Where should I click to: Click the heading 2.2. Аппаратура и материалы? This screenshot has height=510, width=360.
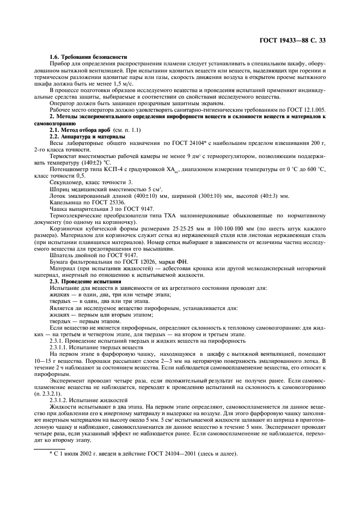88,136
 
